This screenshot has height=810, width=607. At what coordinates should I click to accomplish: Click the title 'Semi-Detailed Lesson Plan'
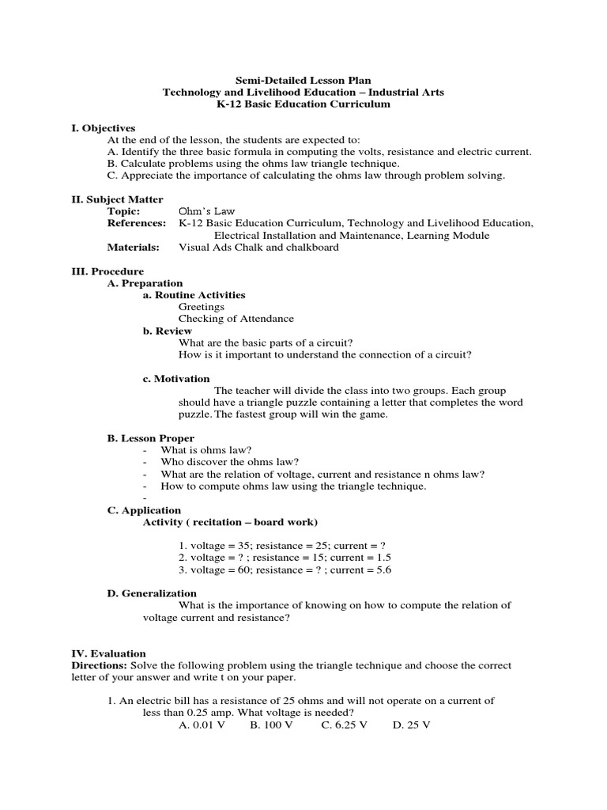pyautogui.click(x=303, y=80)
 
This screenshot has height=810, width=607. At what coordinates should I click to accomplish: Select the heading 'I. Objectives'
pyautogui.click(x=104, y=127)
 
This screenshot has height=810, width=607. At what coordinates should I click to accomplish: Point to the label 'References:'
pyautogui.click(x=136, y=224)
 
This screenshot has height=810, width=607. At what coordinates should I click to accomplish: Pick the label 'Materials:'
pyautogui.click(x=133, y=248)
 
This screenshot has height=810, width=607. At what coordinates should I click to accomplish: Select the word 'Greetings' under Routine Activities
pyautogui.click(x=201, y=307)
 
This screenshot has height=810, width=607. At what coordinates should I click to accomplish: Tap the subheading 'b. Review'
pyautogui.click(x=168, y=331)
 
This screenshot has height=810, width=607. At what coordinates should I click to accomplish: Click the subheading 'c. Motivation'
pyautogui.click(x=176, y=379)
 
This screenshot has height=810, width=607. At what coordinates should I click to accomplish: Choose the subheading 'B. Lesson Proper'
pyautogui.click(x=150, y=438)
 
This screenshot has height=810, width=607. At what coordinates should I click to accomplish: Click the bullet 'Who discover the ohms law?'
pyautogui.click(x=230, y=462)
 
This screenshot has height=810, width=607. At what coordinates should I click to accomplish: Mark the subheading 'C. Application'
pyautogui.click(x=144, y=510)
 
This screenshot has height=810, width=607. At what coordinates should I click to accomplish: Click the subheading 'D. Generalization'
pyautogui.click(x=152, y=593)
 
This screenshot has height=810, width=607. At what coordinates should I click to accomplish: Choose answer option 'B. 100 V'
pyautogui.click(x=271, y=725)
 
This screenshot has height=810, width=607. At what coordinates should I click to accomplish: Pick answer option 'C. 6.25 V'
pyautogui.click(x=344, y=725)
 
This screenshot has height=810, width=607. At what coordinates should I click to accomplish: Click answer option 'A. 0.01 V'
pyautogui.click(x=202, y=725)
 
